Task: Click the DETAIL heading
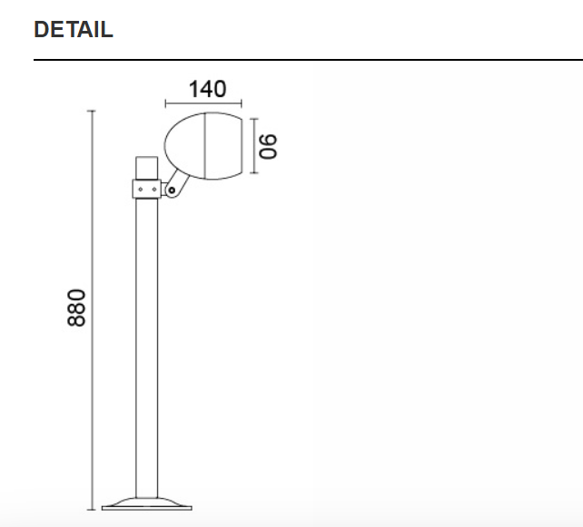point(74,29)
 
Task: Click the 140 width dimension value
point(207,89)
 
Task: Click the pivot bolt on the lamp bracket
point(170,190)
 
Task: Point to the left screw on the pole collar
point(140,189)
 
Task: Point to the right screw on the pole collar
point(153,189)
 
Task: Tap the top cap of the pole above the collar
point(146,168)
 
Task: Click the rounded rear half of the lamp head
point(185,145)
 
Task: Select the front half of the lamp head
point(225,145)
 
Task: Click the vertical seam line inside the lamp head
point(205,145)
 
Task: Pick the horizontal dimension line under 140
point(204,104)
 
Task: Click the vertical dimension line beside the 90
point(254,145)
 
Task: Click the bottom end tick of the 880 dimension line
point(91,509)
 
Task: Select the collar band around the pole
point(146,189)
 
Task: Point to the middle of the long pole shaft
point(147,345)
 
